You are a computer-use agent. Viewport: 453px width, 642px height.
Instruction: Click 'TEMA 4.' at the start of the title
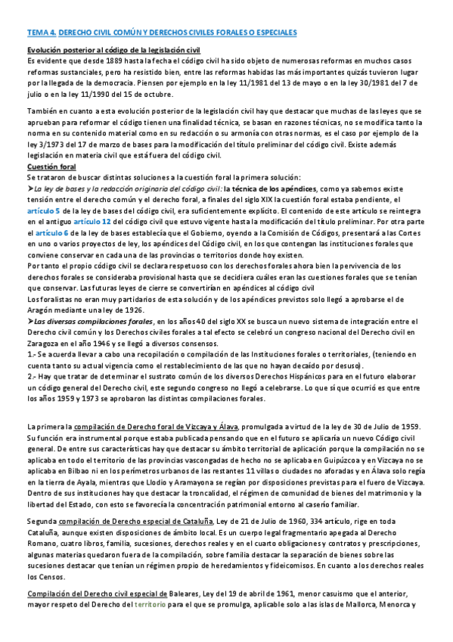[40, 33]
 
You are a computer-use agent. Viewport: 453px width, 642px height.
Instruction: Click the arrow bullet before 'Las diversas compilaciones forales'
[29, 320]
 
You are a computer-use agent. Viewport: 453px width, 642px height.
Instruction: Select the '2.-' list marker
[33, 376]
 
